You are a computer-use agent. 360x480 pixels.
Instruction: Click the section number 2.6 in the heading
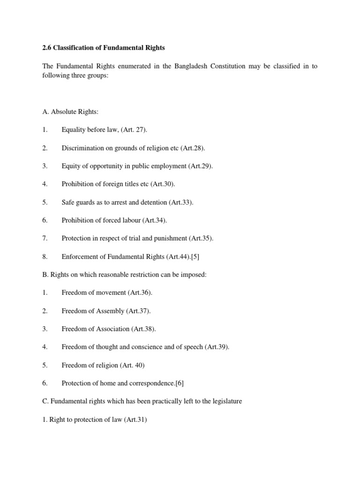(47, 47)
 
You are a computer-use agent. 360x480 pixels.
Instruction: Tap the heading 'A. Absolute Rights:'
(70, 112)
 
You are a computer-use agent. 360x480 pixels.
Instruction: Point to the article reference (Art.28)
(193, 148)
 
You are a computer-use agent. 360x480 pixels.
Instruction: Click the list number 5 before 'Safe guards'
(45, 202)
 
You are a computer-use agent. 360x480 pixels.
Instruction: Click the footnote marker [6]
(179, 383)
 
